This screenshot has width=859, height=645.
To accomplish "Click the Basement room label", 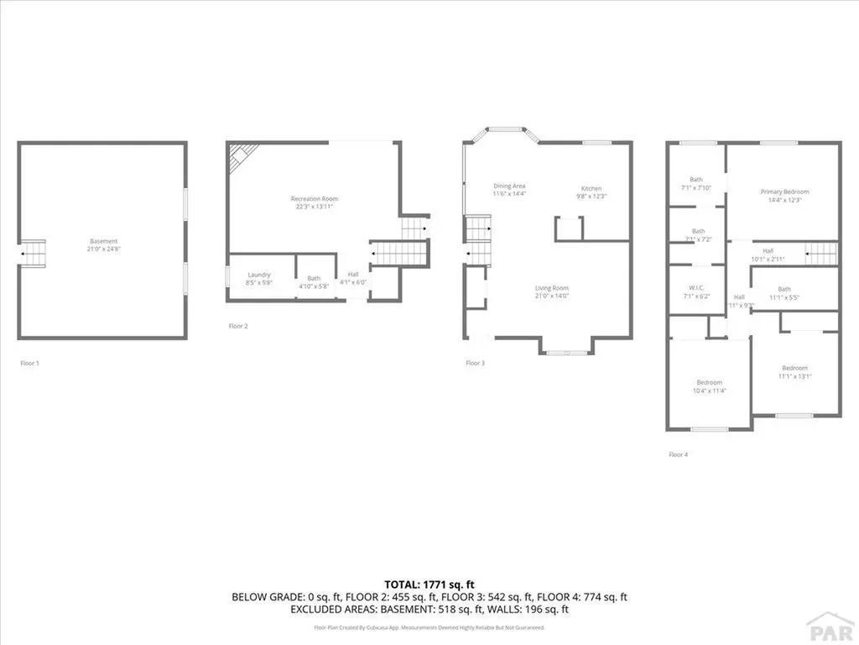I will click(x=104, y=241).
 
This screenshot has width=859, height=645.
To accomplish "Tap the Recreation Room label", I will click(x=315, y=198).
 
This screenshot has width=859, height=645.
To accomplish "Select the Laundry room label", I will click(x=259, y=275).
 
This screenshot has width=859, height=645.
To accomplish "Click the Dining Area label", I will click(x=508, y=186).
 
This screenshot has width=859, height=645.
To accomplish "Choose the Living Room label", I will click(x=552, y=289).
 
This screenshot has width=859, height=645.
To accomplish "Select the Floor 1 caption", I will click(x=29, y=363).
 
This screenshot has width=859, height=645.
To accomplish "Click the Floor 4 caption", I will click(x=678, y=454).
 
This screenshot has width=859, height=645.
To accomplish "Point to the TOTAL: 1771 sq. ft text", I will click(x=429, y=584).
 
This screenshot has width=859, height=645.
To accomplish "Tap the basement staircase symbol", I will click(x=33, y=251).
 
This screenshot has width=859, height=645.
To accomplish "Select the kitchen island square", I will click(x=567, y=228).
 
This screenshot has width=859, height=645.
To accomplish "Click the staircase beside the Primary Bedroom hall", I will click(x=821, y=252).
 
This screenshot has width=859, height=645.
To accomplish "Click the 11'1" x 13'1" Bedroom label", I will click(x=794, y=368).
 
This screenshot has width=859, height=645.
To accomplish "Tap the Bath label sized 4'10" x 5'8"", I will click(x=314, y=279).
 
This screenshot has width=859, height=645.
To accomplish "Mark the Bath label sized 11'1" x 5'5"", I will click(x=784, y=289).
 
